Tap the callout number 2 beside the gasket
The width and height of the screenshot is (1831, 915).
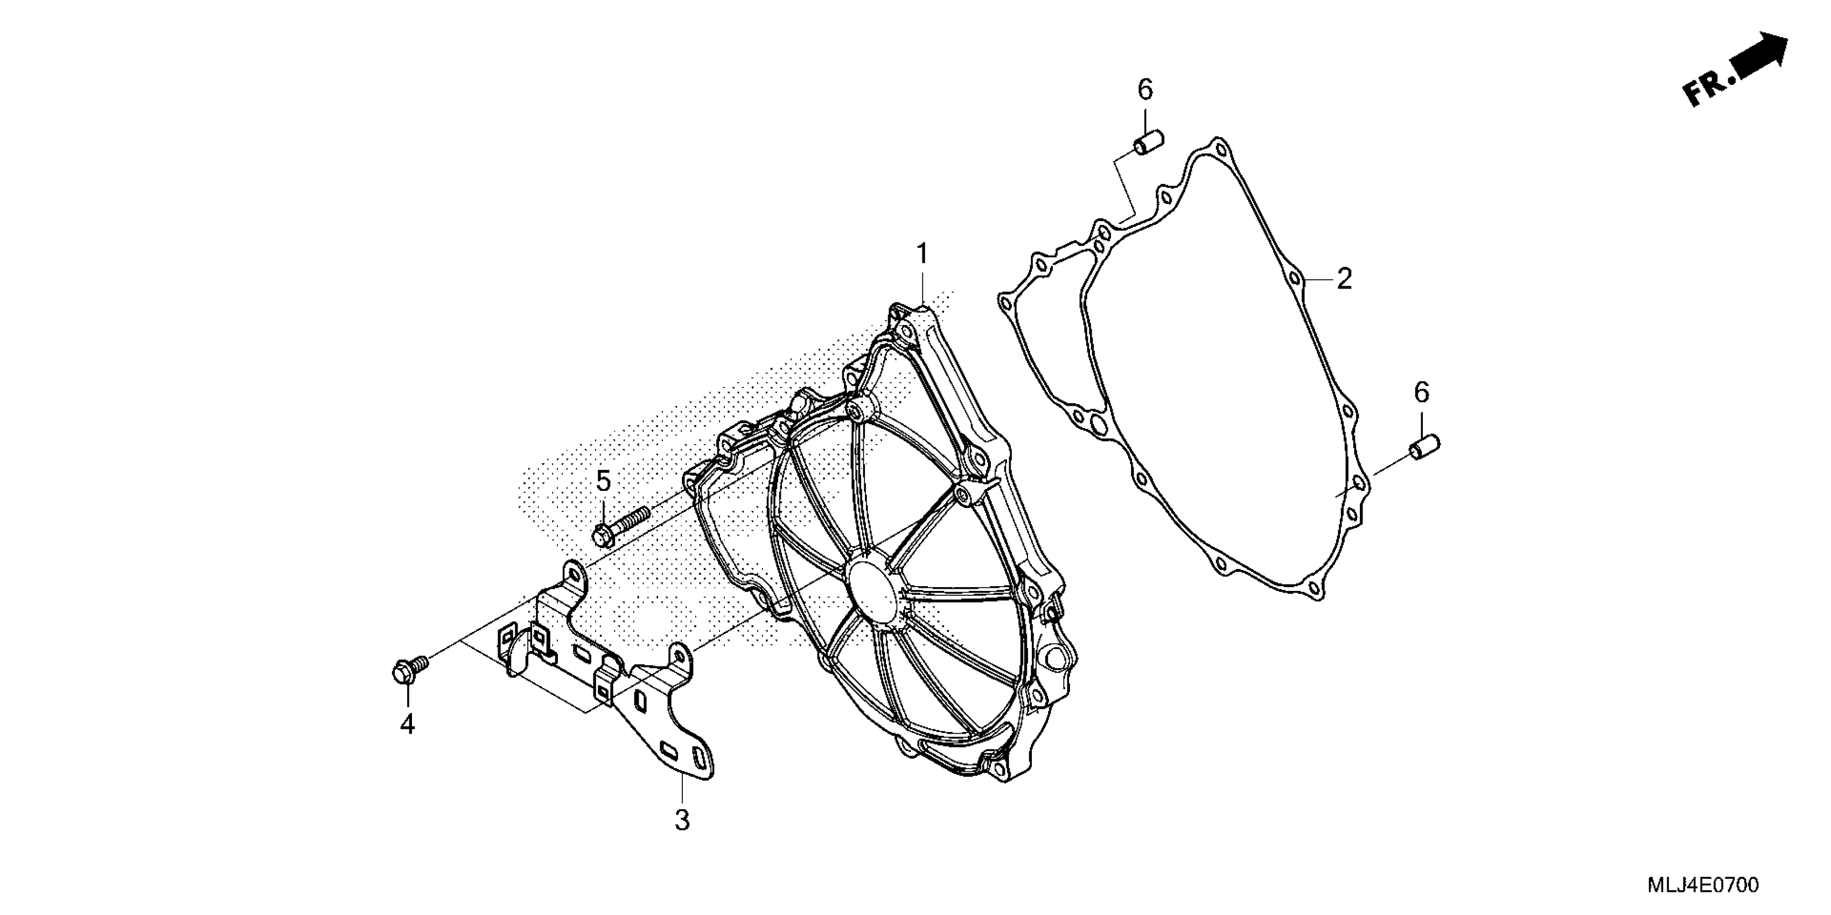(x=1344, y=279)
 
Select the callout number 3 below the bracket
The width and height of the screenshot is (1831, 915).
(x=682, y=820)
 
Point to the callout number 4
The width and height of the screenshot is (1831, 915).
(x=407, y=724)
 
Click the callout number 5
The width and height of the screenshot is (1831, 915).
(x=603, y=481)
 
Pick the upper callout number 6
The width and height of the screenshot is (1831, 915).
(x=1145, y=89)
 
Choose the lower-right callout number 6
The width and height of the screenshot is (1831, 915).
(x=1421, y=392)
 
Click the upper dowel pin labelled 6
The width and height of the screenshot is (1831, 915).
(x=1147, y=142)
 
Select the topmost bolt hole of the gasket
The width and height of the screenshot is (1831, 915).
(x=1221, y=151)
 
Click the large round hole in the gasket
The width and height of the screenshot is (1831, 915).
(x=1098, y=425)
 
